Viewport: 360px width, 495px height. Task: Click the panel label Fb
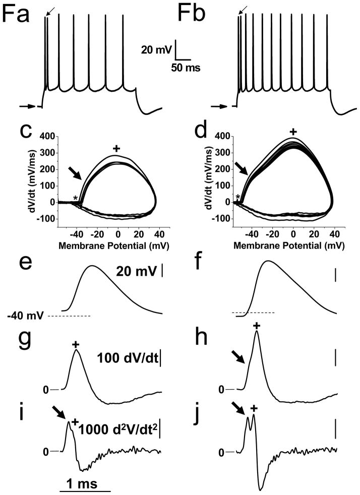tap(196, 14)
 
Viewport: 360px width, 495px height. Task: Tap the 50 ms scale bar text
tap(185, 68)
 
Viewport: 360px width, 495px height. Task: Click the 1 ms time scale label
tap(85, 480)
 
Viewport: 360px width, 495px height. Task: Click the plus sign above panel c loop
tap(116, 149)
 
